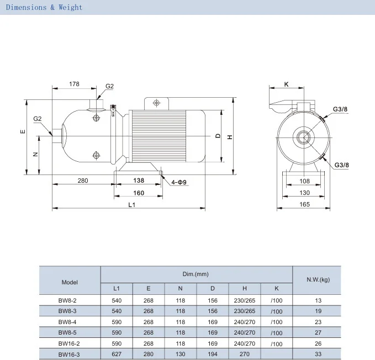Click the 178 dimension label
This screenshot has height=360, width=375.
click(x=74, y=84)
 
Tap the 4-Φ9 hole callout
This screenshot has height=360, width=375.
click(x=178, y=182)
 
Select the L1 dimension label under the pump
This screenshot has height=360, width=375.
click(x=132, y=205)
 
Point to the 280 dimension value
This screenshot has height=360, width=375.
click(x=83, y=181)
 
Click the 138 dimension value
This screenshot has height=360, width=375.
click(x=139, y=180)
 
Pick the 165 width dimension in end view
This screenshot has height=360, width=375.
click(x=304, y=204)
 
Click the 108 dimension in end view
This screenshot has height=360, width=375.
click(x=304, y=181)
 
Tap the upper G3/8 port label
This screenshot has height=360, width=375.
click(x=340, y=109)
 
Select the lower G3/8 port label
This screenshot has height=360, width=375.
click(x=341, y=165)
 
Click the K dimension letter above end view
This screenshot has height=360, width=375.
click(x=286, y=84)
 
